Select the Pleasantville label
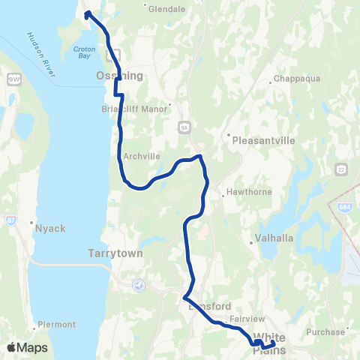(x=264, y=139)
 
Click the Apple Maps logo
(x=27, y=347)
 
